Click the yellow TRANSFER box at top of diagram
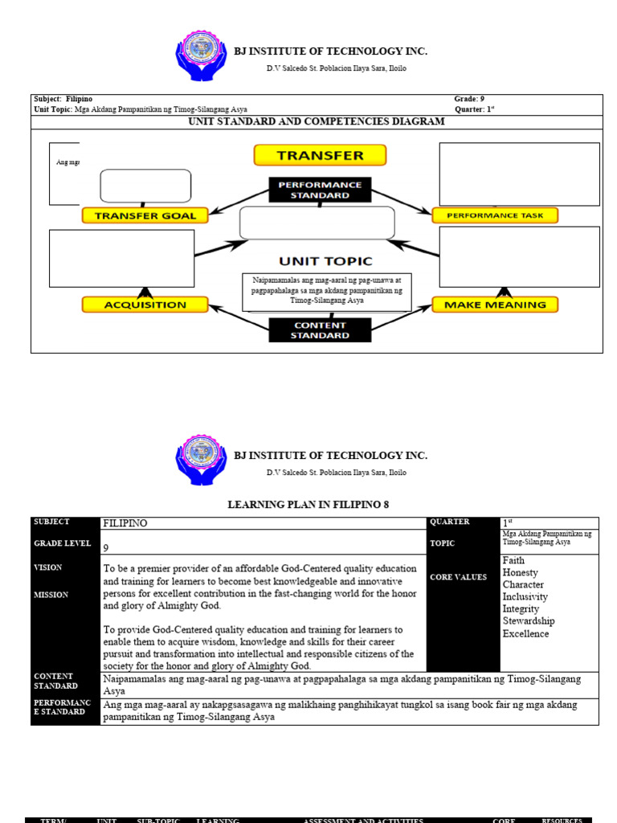coord(320,155)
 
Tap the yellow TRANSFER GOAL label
coord(145,215)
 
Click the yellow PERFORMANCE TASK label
coord(494,215)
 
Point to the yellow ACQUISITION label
coord(145,305)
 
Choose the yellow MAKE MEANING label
coord(495,305)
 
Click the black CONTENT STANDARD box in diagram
coord(320,330)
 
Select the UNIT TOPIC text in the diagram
coord(325,261)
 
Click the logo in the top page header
coord(201,57)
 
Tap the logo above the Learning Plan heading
coord(201,461)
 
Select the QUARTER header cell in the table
coord(450,522)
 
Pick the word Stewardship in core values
coord(529,621)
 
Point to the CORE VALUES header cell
coord(458,577)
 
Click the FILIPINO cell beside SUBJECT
coord(125,523)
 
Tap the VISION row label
coord(47,567)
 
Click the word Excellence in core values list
coord(525,634)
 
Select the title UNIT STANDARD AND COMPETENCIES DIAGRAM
coord(316,122)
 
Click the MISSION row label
coord(50,595)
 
